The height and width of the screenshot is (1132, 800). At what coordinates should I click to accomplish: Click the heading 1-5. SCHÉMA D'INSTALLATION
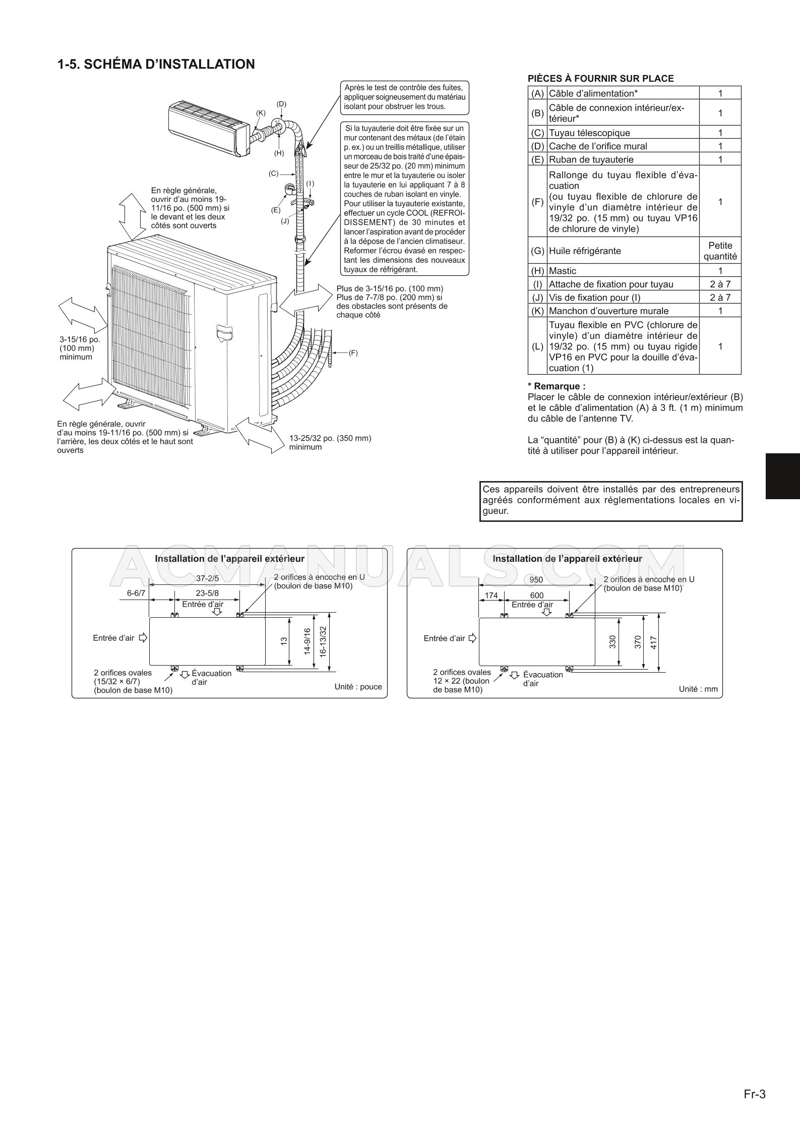156,65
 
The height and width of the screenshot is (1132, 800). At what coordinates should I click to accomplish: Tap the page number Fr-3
755,1090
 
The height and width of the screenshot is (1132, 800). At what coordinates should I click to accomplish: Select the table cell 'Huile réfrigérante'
585,251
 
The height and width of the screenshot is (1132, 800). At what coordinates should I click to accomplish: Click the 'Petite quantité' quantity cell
720,251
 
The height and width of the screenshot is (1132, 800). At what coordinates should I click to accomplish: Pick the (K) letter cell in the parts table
537,311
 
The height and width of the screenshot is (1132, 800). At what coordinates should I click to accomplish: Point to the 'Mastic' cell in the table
563,271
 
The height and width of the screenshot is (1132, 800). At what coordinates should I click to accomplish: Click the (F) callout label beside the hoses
353,353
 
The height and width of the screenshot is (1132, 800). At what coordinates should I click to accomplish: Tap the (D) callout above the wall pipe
281,104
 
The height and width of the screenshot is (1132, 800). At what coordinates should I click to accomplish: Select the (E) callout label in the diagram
276,210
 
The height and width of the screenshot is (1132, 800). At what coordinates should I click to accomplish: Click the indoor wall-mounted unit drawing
208,124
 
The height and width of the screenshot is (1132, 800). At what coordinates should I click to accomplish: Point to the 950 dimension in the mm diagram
536,580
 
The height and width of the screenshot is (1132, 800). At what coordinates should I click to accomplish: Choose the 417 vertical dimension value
654,642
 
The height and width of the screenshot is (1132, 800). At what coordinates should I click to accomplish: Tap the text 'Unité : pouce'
358,687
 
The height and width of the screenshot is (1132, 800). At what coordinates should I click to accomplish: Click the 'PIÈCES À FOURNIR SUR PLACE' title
600,78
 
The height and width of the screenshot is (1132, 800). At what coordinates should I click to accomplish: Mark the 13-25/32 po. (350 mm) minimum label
330,442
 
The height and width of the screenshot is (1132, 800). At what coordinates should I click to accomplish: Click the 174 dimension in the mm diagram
491,595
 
